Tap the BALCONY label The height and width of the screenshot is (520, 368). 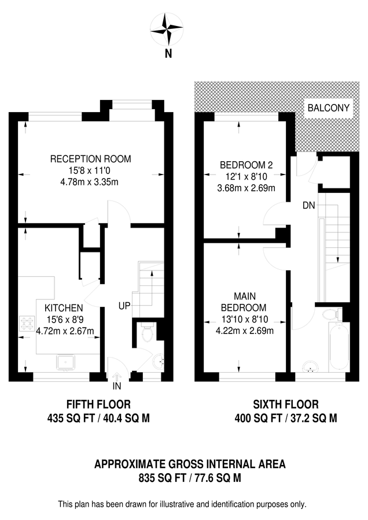click(x=328, y=107)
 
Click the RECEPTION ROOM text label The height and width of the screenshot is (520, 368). click(x=90, y=159)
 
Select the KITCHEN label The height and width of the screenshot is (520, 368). click(x=64, y=308)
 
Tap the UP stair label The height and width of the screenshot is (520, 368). click(x=124, y=305)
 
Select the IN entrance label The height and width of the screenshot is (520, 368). click(x=117, y=385)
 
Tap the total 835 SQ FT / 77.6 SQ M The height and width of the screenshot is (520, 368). click(x=190, y=478)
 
